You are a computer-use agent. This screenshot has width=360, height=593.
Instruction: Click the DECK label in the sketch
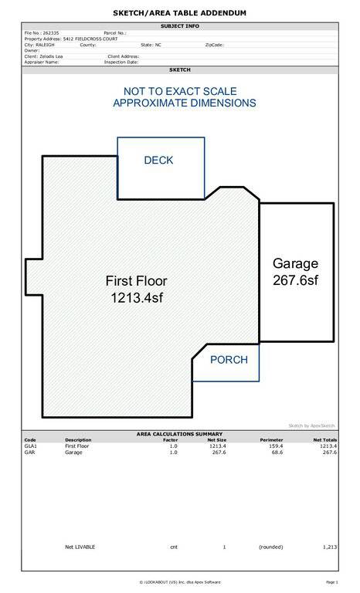(x=158, y=160)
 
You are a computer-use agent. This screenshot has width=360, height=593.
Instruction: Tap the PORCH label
(x=229, y=360)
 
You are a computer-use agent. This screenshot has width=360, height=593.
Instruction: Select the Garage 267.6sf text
(x=296, y=272)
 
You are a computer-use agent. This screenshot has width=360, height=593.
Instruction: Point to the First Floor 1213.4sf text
(x=136, y=290)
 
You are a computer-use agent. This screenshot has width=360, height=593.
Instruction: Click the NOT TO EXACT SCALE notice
(x=180, y=91)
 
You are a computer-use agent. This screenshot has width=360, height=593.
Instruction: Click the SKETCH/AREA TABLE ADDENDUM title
(x=180, y=13)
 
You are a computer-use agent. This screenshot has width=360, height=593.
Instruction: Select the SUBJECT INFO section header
(x=180, y=26)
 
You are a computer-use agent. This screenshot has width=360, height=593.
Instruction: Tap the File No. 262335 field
(x=42, y=33)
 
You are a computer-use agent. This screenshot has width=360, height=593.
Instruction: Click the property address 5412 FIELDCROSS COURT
(x=90, y=39)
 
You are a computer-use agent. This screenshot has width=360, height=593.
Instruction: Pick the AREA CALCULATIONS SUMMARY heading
(x=179, y=434)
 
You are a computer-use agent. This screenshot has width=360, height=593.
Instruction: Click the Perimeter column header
(x=271, y=440)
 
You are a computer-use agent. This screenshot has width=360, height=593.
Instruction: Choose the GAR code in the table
(x=29, y=452)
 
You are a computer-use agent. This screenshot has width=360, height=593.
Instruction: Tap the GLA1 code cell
(x=31, y=446)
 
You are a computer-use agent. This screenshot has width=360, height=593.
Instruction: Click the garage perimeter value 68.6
(x=277, y=452)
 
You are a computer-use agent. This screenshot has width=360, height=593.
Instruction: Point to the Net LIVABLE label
(x=80, y=547)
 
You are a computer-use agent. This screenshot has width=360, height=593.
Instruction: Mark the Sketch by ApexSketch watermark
(x=311, y=426)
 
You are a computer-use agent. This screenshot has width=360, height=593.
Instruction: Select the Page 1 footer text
(x=331, y=582)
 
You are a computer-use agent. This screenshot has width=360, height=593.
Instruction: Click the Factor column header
(x=171, y=440)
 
